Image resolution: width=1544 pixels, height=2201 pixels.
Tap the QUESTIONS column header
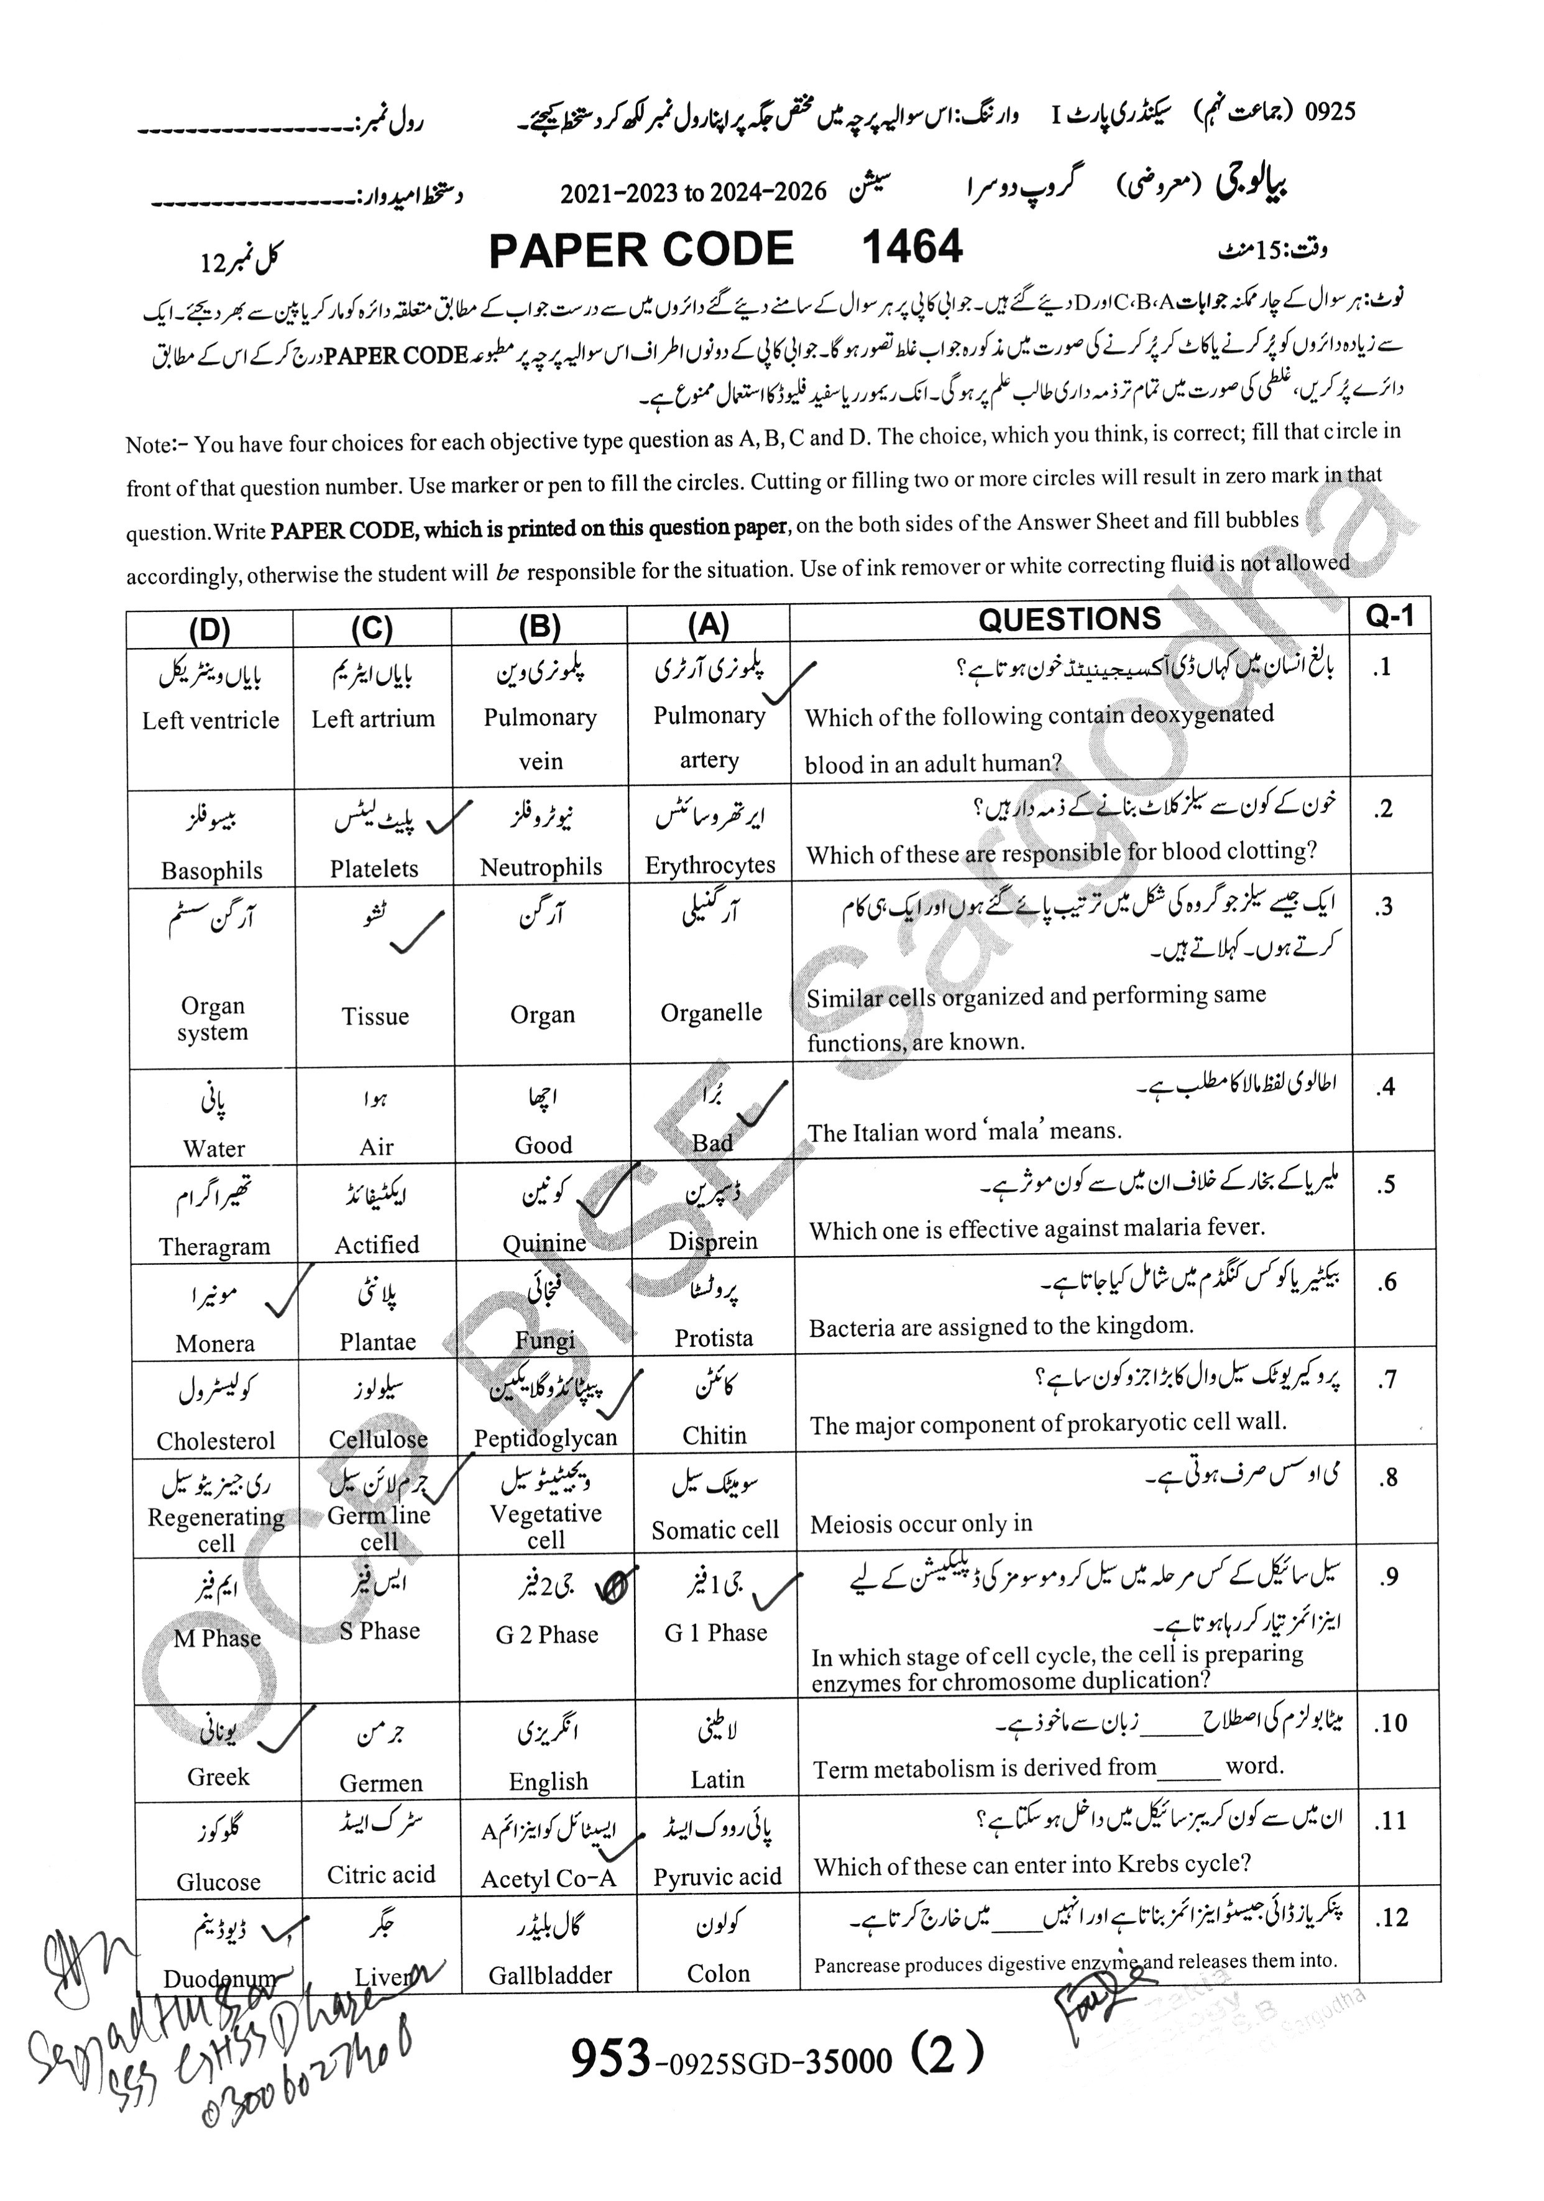click(x=1068, y=619)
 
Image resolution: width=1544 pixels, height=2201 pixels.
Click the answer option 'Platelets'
click(x=374, y=868)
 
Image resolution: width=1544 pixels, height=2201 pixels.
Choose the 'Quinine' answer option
click(x=544, y=1243)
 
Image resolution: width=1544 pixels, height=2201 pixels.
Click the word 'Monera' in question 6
click(x=215, y=1343)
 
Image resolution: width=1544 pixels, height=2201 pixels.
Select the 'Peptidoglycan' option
click(x=545, y=1438)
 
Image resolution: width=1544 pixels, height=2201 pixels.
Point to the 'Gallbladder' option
click(x=549, y=1974)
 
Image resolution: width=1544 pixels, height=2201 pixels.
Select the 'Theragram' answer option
click(x=215, y=1246)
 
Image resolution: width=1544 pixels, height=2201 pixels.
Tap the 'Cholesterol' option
click(x=216, y=1440)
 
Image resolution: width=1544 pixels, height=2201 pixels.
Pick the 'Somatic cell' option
click(x=714, y=1530)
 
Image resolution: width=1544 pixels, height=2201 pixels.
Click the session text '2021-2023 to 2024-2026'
click(x=692, y=193)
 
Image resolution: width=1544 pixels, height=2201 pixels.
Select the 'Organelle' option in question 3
click(x=710, y=1013)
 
